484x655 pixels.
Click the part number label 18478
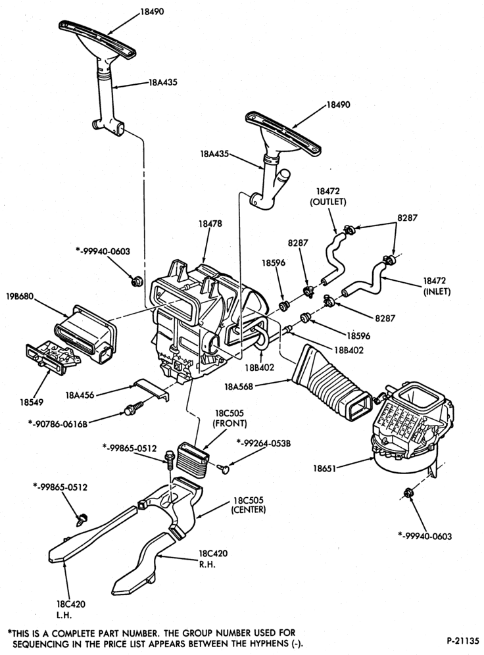[210, 224]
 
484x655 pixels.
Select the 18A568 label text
[239, 387]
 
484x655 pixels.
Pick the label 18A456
[80, 395]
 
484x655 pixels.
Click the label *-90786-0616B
[58, 424]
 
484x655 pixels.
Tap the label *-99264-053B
[263, 443]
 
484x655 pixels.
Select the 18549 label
[32, 402]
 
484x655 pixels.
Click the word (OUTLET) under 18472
[327, 202]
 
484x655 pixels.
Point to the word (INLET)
[437, 291]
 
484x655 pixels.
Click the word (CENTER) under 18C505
[249, 510]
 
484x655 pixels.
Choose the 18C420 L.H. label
[70, 610]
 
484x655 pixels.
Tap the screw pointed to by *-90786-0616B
[133, 408]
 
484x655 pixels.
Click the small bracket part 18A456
[152, 390]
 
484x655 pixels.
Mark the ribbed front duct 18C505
[193, 458]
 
